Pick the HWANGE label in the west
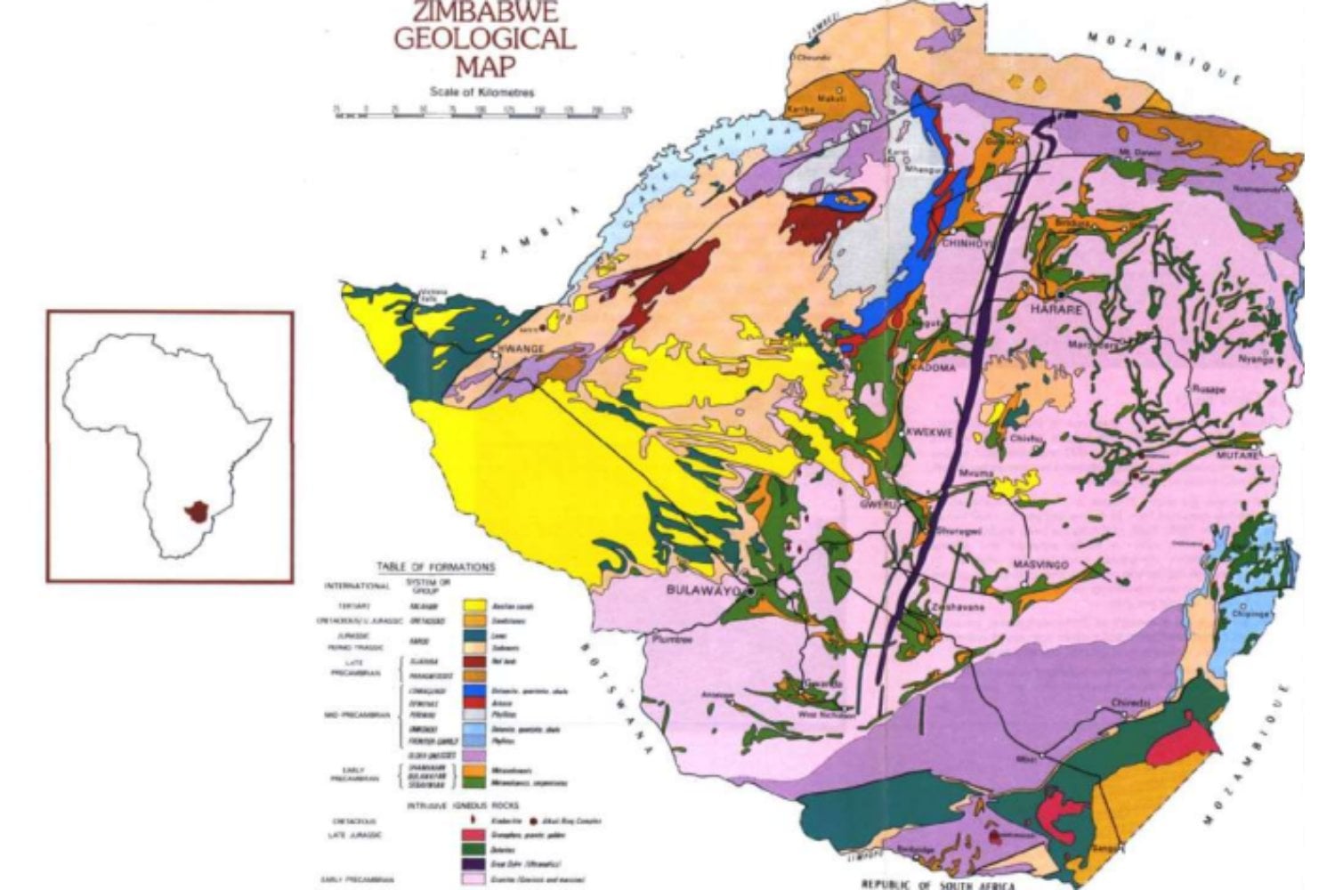click(x=522, y=349)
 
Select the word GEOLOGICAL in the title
click(x=484, y=40)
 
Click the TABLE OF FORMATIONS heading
click(x=435, y=566)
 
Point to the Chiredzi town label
click(x=1129, y=703)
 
